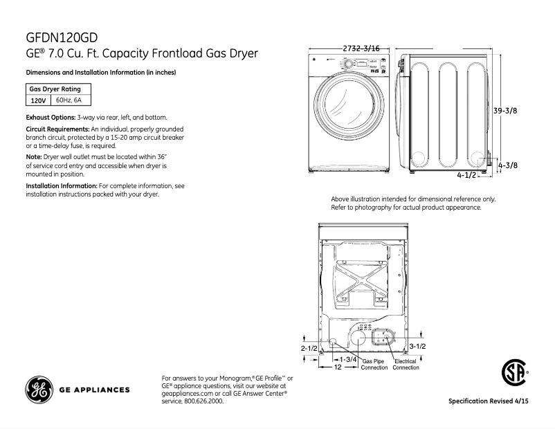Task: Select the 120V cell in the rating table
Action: tap(38, 100)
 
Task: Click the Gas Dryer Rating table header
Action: tap(55, 89)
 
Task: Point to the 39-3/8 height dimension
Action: tap(505, 111)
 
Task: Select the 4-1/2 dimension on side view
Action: tap(466, 176)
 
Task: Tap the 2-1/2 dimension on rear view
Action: tap(309, 347)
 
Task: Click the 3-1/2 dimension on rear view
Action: tap(417, 345)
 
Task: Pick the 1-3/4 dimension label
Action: tap(347, 359)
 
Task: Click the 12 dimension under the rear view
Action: tap(337, 368)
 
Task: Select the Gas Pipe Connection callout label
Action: tap(374, 365)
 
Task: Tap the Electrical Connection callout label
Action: tap(406, 365)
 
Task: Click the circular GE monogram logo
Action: tap(39, 390)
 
